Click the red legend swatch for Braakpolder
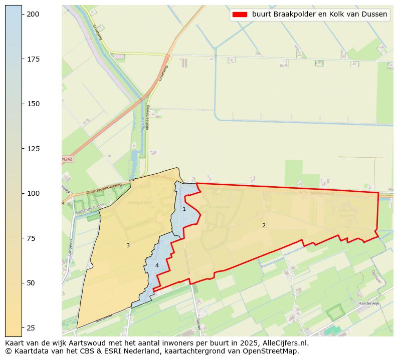(x=240, y=15)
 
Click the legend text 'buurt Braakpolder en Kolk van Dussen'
(x=319, y=15)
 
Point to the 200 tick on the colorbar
(x=23, y=14)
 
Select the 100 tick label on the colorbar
(x=33, y=193)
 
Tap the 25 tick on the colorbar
(x=23, y=327)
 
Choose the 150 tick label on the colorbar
(x=33, y=104)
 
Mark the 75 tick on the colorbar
(x=23, y=238)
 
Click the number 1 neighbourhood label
(x=184, y=209)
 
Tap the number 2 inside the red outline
(x=264, y=225)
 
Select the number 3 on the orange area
(x=128, y=245)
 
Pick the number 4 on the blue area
(x=157, y=265)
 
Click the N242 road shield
(x=67, y=159)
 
